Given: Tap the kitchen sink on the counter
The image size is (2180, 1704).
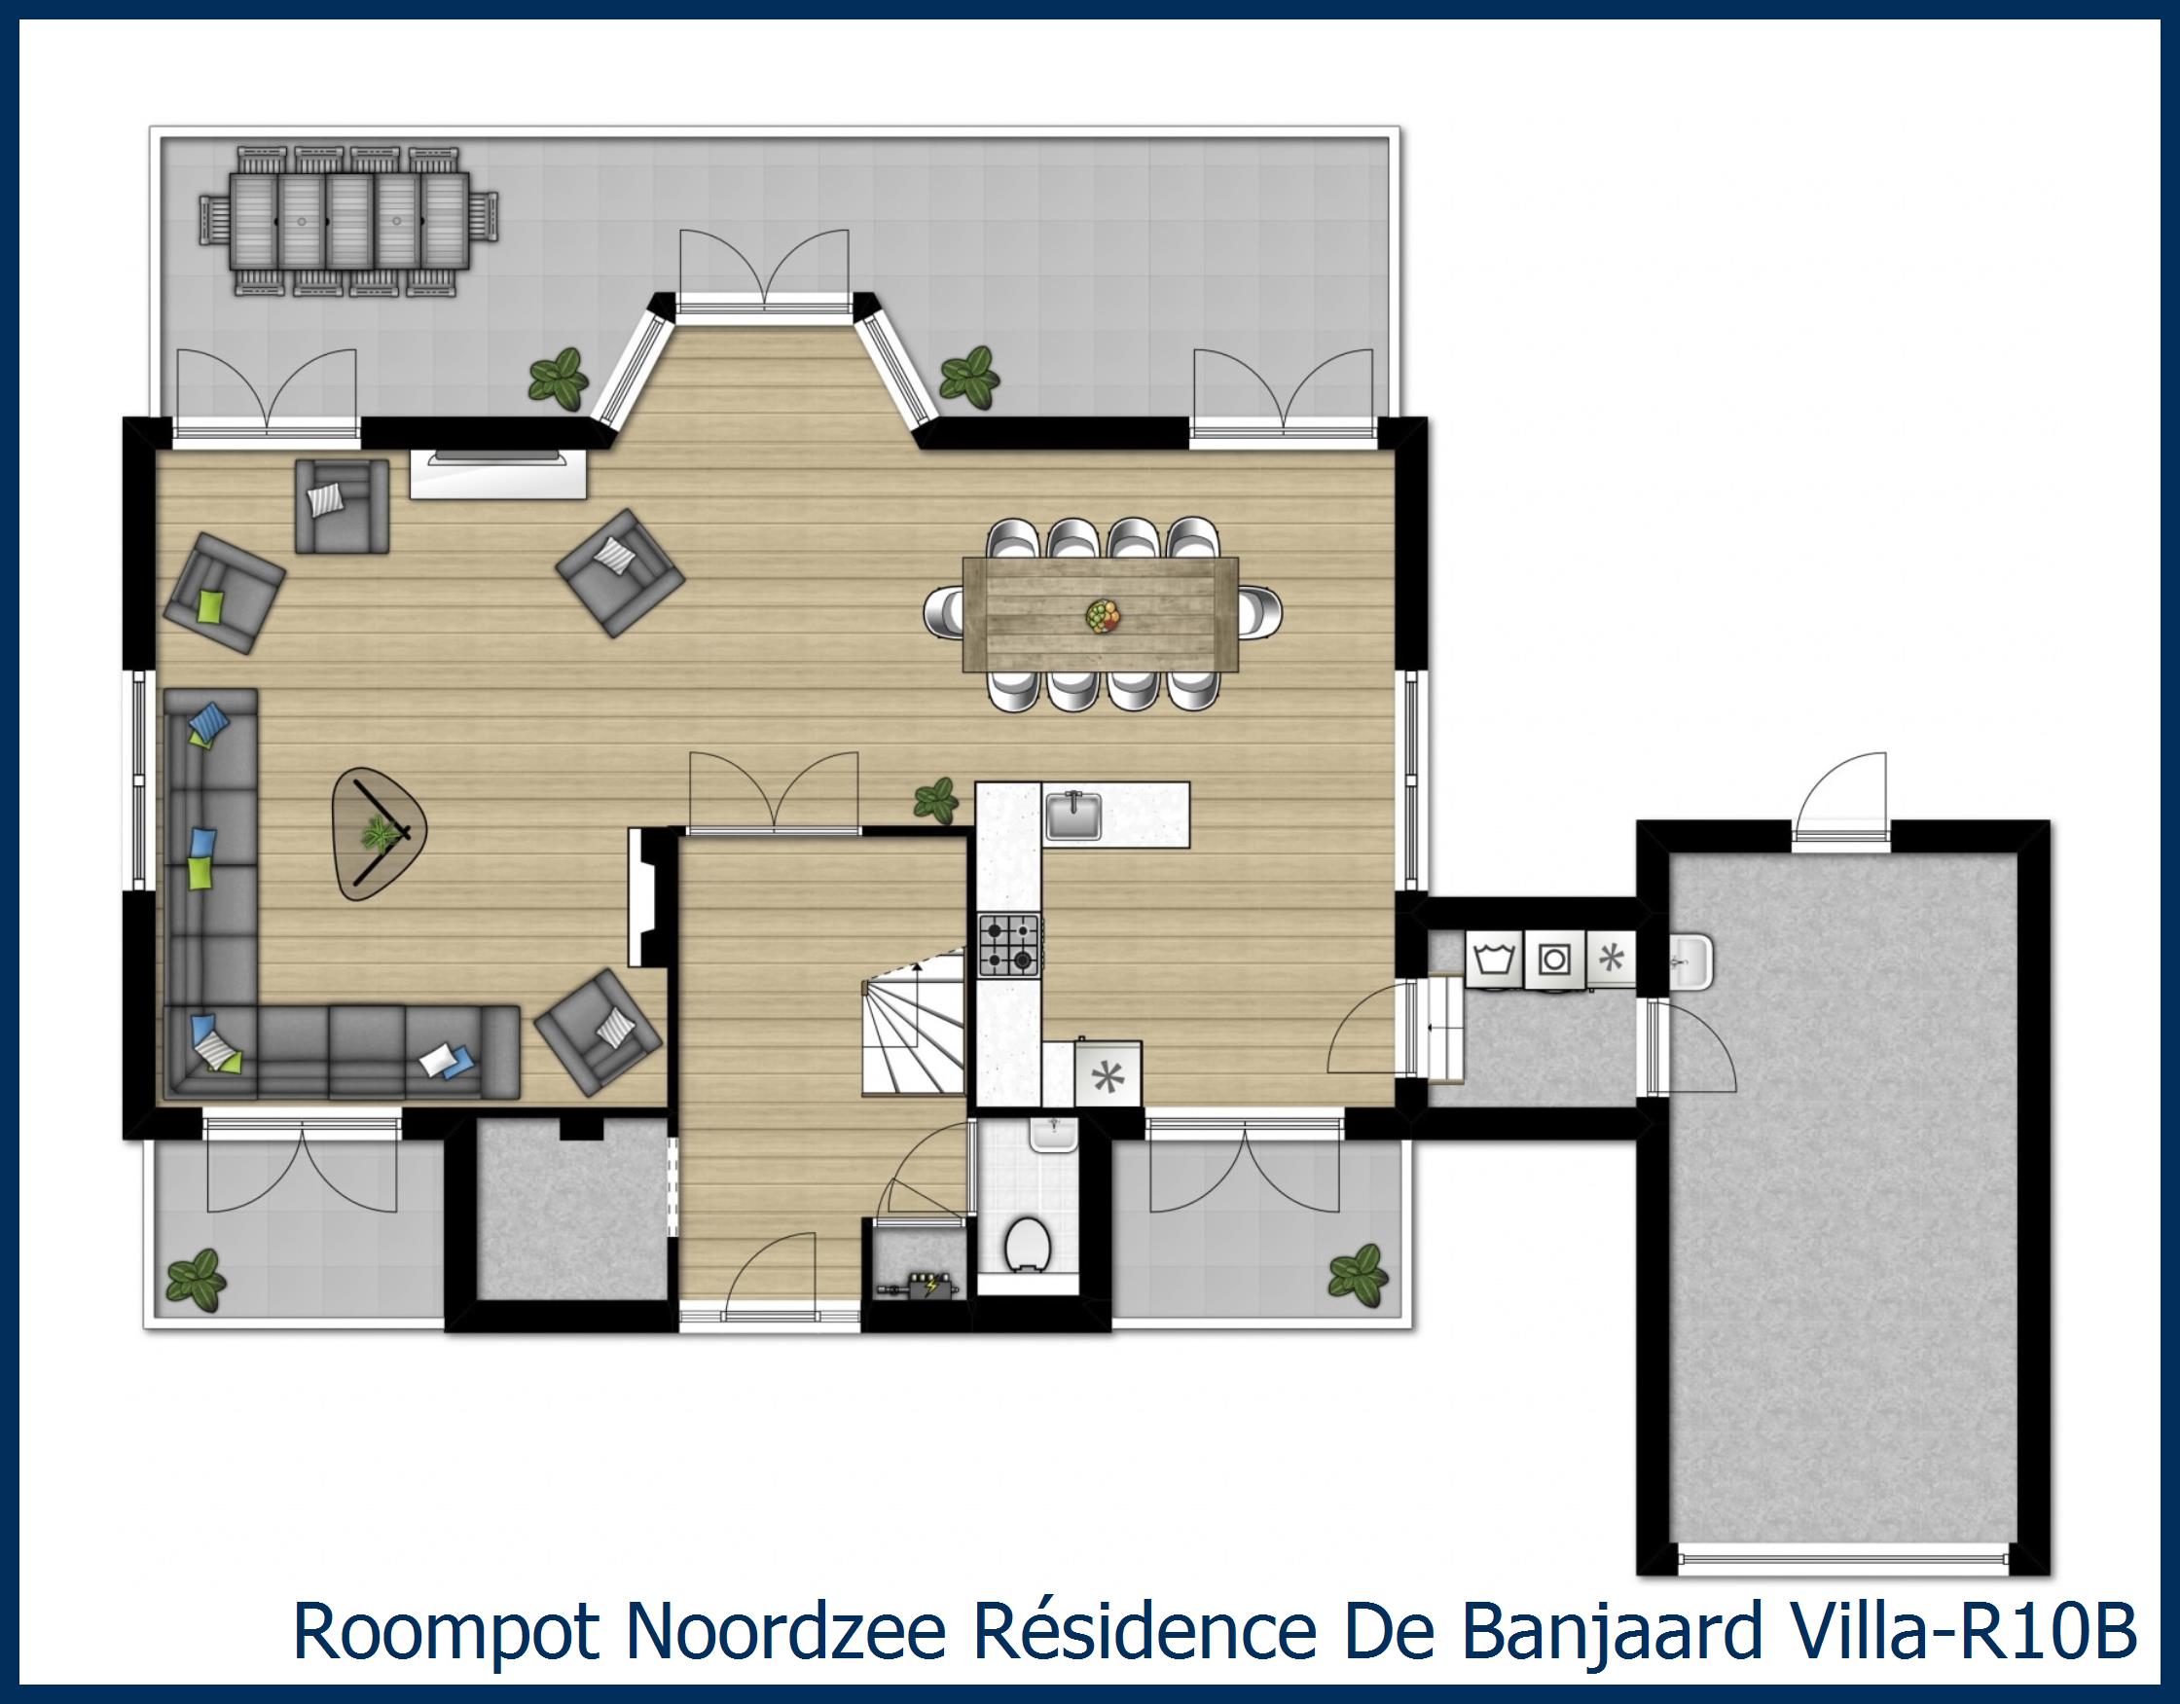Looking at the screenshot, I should pyautogui.click(x=1073, y=816).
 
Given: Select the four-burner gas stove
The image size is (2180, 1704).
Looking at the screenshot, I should pyautogui.click(x=1009, y=945).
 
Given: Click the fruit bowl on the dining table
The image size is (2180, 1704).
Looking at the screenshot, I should pyautogui.click(x=1102, y=614).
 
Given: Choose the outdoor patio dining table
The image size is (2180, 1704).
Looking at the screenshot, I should pyautogui.click(x=349, y=221).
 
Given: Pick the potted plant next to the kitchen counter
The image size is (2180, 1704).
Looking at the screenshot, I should pyautogui.click(x=936, y=800).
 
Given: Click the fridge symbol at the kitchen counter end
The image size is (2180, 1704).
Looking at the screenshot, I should pyautogui.click(x=1107, y=1075).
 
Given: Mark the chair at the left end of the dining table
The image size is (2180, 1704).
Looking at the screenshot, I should pyautogui.click(x=944, y=612).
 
